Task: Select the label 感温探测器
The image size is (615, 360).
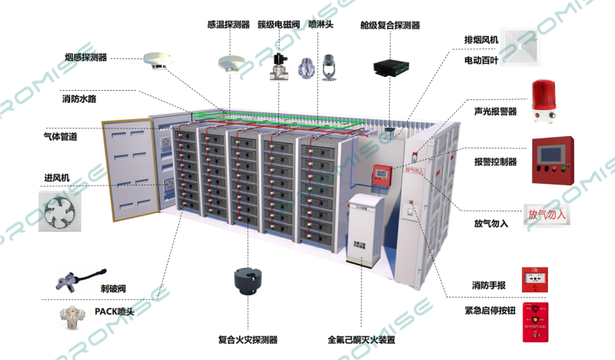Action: click(x=228, y=25)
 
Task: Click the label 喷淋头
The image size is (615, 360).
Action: click(x=321, y=25)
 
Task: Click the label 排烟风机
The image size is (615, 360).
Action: click(x=481, y=40)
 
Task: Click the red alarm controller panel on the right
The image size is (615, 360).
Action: click(x=550, y=161)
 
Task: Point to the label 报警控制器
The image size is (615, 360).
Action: click(x=495, y=162)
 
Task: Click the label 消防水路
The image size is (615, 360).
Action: click(x=80, y=99)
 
